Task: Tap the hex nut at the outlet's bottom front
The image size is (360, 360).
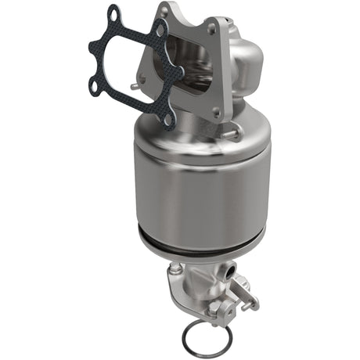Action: point(214,309)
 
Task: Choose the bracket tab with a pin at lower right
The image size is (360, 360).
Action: point(249,297)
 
